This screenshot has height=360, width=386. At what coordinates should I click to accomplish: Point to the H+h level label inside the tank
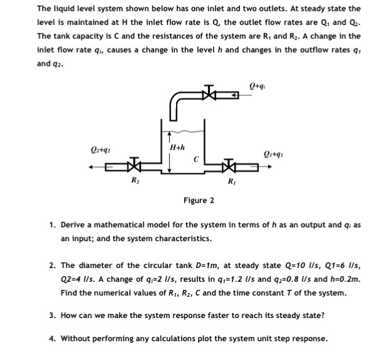click(177, 147)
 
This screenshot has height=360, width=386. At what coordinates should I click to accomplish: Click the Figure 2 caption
click(199, 200)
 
